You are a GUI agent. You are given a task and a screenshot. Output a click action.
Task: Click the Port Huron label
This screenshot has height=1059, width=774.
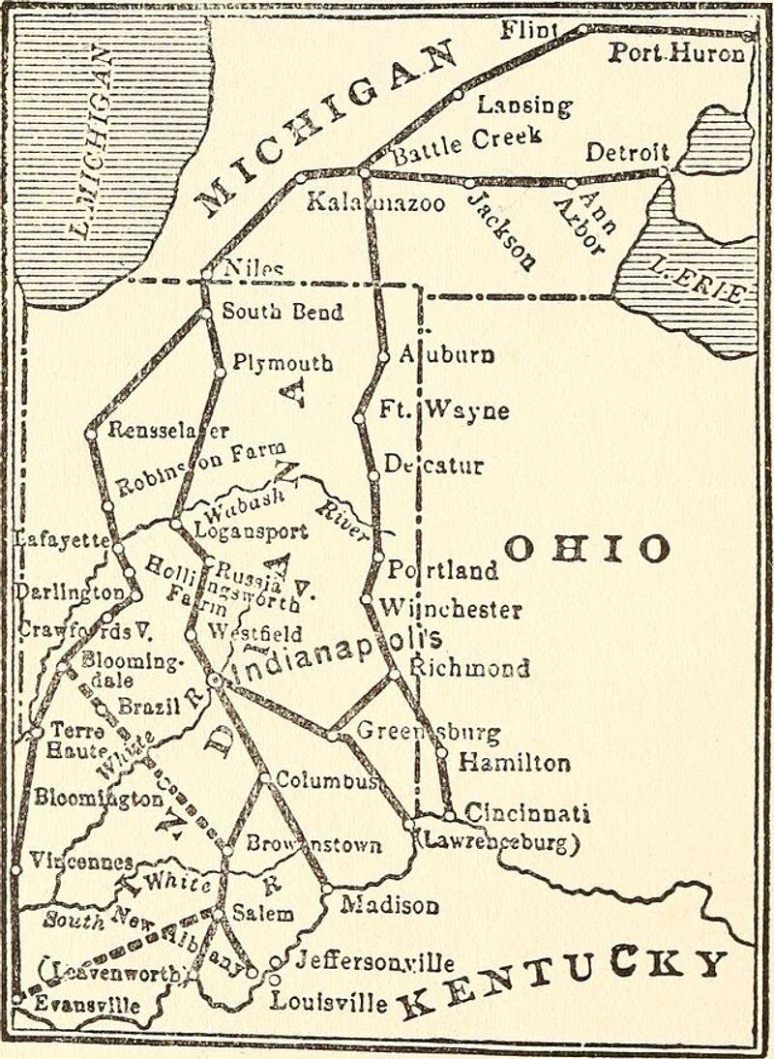676,53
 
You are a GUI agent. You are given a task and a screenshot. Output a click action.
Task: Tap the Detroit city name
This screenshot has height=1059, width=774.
628,152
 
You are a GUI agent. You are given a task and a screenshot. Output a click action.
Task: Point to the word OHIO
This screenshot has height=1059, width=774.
586,549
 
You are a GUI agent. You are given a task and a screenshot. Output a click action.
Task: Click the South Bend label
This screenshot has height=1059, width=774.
282,313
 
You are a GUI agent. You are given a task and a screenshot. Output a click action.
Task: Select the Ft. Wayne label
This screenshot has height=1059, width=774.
444,410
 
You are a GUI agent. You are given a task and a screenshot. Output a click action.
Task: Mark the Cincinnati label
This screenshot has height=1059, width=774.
527,813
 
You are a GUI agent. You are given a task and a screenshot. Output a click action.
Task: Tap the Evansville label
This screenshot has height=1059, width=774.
87,1005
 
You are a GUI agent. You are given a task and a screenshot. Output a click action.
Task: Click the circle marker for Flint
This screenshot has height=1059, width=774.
581,30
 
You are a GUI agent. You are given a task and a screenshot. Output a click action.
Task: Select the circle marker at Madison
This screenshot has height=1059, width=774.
327,889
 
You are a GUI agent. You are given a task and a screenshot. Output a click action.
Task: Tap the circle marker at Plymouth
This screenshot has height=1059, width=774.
220,372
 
